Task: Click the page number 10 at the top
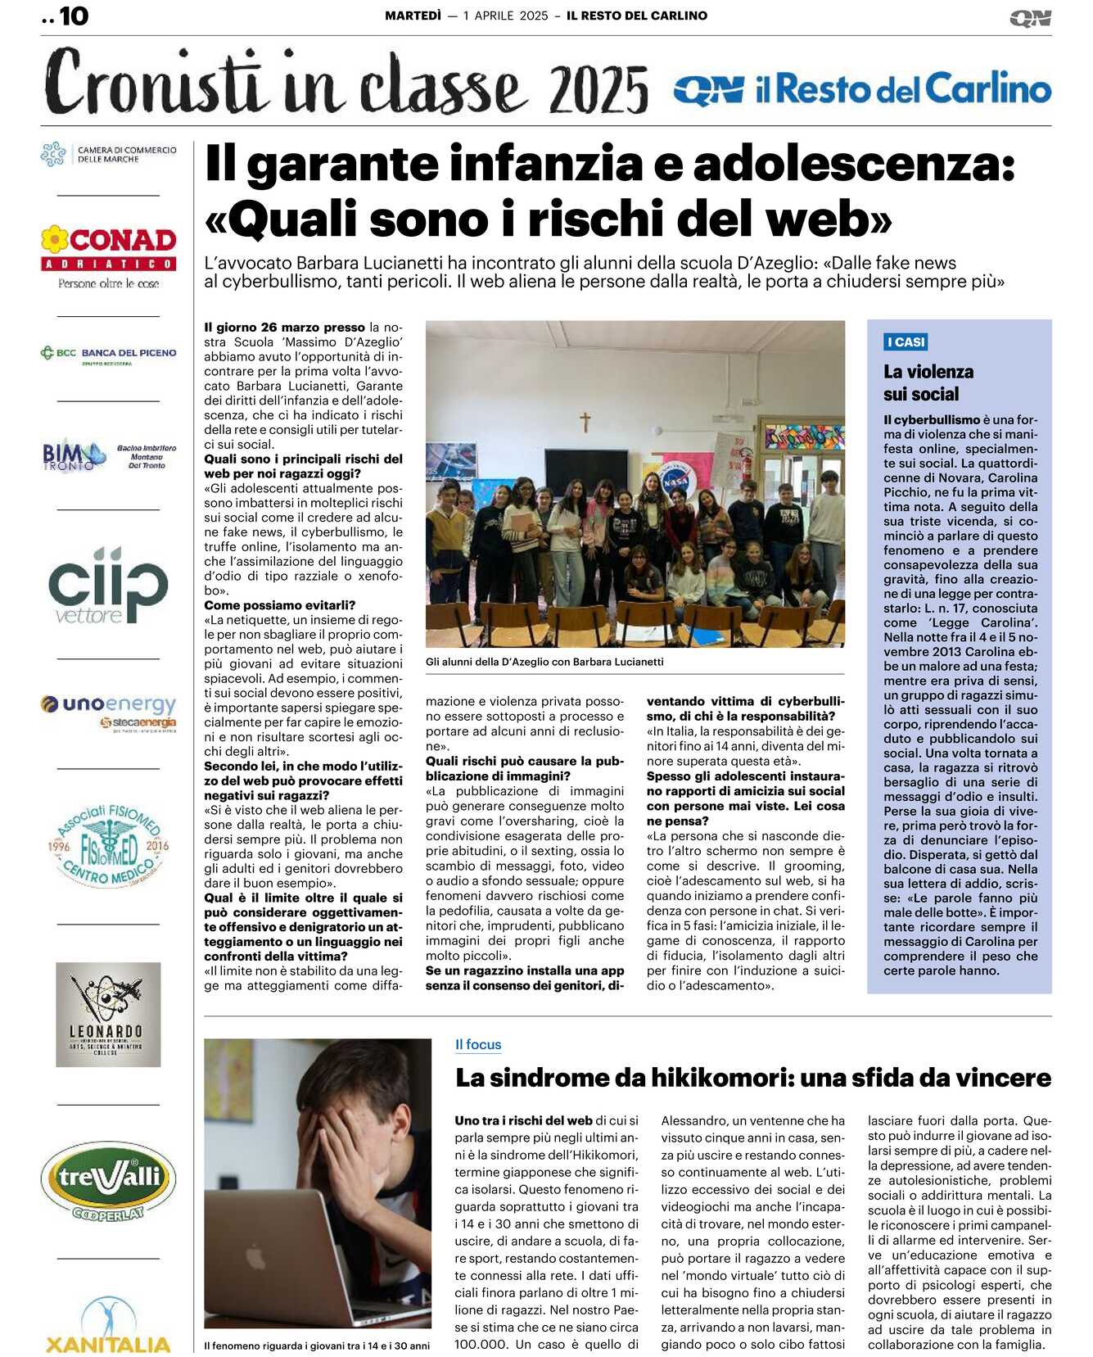(x=74, y=16)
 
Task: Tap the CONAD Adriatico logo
(x=109, y=256)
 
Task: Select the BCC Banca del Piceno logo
(x=109, y=354)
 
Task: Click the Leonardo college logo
(x=108, y=1014)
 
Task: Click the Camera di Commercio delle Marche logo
(x=109, y=154)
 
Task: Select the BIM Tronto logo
(x=109, y=455)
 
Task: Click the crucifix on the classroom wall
(x=585, y=422)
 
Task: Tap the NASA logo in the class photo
(x=675, y=482)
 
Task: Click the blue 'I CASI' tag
(x=906, y=342)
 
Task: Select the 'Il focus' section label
(x=478, y=1044)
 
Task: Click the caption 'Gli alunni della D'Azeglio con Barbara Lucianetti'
(x=544, y=662)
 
